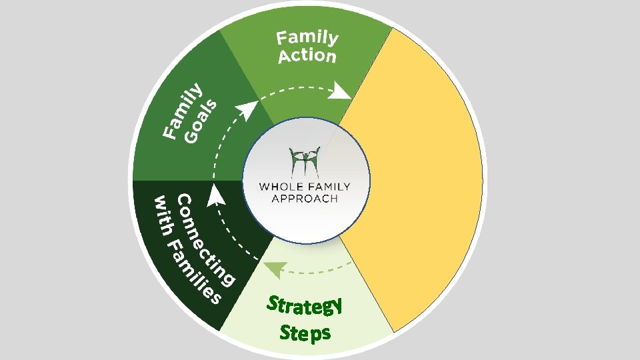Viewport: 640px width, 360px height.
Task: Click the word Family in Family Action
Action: click(x=308, y=38)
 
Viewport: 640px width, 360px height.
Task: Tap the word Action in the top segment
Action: click(x=307, y=56)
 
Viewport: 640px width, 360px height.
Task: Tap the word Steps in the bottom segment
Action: click(x=305, y=331)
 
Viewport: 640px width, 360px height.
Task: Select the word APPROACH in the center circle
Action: click(x=305, y=198)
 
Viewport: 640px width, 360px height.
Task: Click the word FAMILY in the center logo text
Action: click(x=327, y=186)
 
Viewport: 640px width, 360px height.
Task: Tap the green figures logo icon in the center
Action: click(x=305, y=160)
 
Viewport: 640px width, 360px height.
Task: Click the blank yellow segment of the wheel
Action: click(x=413, y=180)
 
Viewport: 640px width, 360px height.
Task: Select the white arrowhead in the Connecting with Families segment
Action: click(x=215, y=194)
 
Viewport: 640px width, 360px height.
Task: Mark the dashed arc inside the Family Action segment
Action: click(x=300, y=87)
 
